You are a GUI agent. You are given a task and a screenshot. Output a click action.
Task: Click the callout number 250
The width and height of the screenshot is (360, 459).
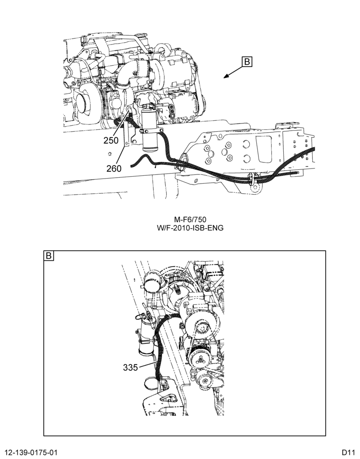click(x=111, y=140)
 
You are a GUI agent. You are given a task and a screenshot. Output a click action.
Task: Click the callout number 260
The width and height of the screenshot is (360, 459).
click(x=114, y=168)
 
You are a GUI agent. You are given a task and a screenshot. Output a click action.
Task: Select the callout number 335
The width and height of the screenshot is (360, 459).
click(x=130, y=367)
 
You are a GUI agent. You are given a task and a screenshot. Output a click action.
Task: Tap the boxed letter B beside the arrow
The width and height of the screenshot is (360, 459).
click(x=247, y=62)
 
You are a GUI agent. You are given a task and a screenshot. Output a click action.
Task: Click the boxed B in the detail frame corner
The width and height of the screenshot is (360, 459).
click(x=49, y=256)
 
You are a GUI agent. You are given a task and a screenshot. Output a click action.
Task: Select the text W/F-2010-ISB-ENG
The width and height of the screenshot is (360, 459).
click(x=190, y=228)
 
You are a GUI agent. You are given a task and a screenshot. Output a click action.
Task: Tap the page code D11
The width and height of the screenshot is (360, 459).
click(x=349, y=452)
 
